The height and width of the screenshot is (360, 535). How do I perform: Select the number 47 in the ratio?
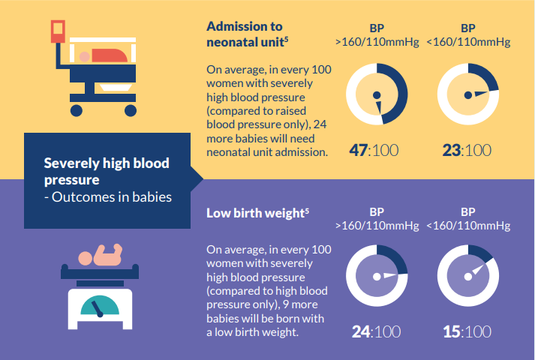coord(358,150)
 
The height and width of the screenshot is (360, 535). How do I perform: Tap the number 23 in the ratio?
coord(450,150)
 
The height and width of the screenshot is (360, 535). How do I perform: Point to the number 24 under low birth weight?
coord(361,331)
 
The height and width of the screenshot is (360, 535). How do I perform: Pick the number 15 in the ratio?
coord(450,331)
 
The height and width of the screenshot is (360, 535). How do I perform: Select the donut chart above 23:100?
coord(467,93)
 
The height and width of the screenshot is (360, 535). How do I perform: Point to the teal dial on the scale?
coord(98,304)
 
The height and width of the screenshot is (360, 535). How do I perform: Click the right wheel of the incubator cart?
coord(130,111)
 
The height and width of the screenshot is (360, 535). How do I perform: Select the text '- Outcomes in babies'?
coord(107,198)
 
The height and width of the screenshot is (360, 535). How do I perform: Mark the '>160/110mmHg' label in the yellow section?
coord(377,42)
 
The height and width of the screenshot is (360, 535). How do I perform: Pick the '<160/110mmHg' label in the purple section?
coord(468,225)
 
